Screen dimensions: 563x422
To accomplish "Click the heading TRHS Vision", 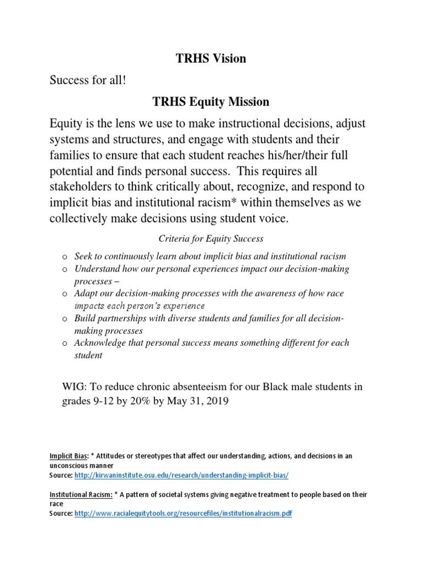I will pos(211,59).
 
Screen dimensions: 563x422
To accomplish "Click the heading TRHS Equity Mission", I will pos(211,102).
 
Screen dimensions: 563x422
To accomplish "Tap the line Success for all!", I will pos(88,80).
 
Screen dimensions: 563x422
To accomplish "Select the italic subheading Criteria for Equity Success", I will pos(211,239).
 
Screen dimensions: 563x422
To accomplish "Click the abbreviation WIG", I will pos(74,387).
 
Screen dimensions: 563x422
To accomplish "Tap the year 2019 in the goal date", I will pos(214,401).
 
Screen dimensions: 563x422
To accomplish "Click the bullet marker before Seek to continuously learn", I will pos(64,257).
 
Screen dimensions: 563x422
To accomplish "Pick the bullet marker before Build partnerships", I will pos(64,318).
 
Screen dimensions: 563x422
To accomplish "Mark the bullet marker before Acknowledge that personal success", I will pos(64,343).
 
